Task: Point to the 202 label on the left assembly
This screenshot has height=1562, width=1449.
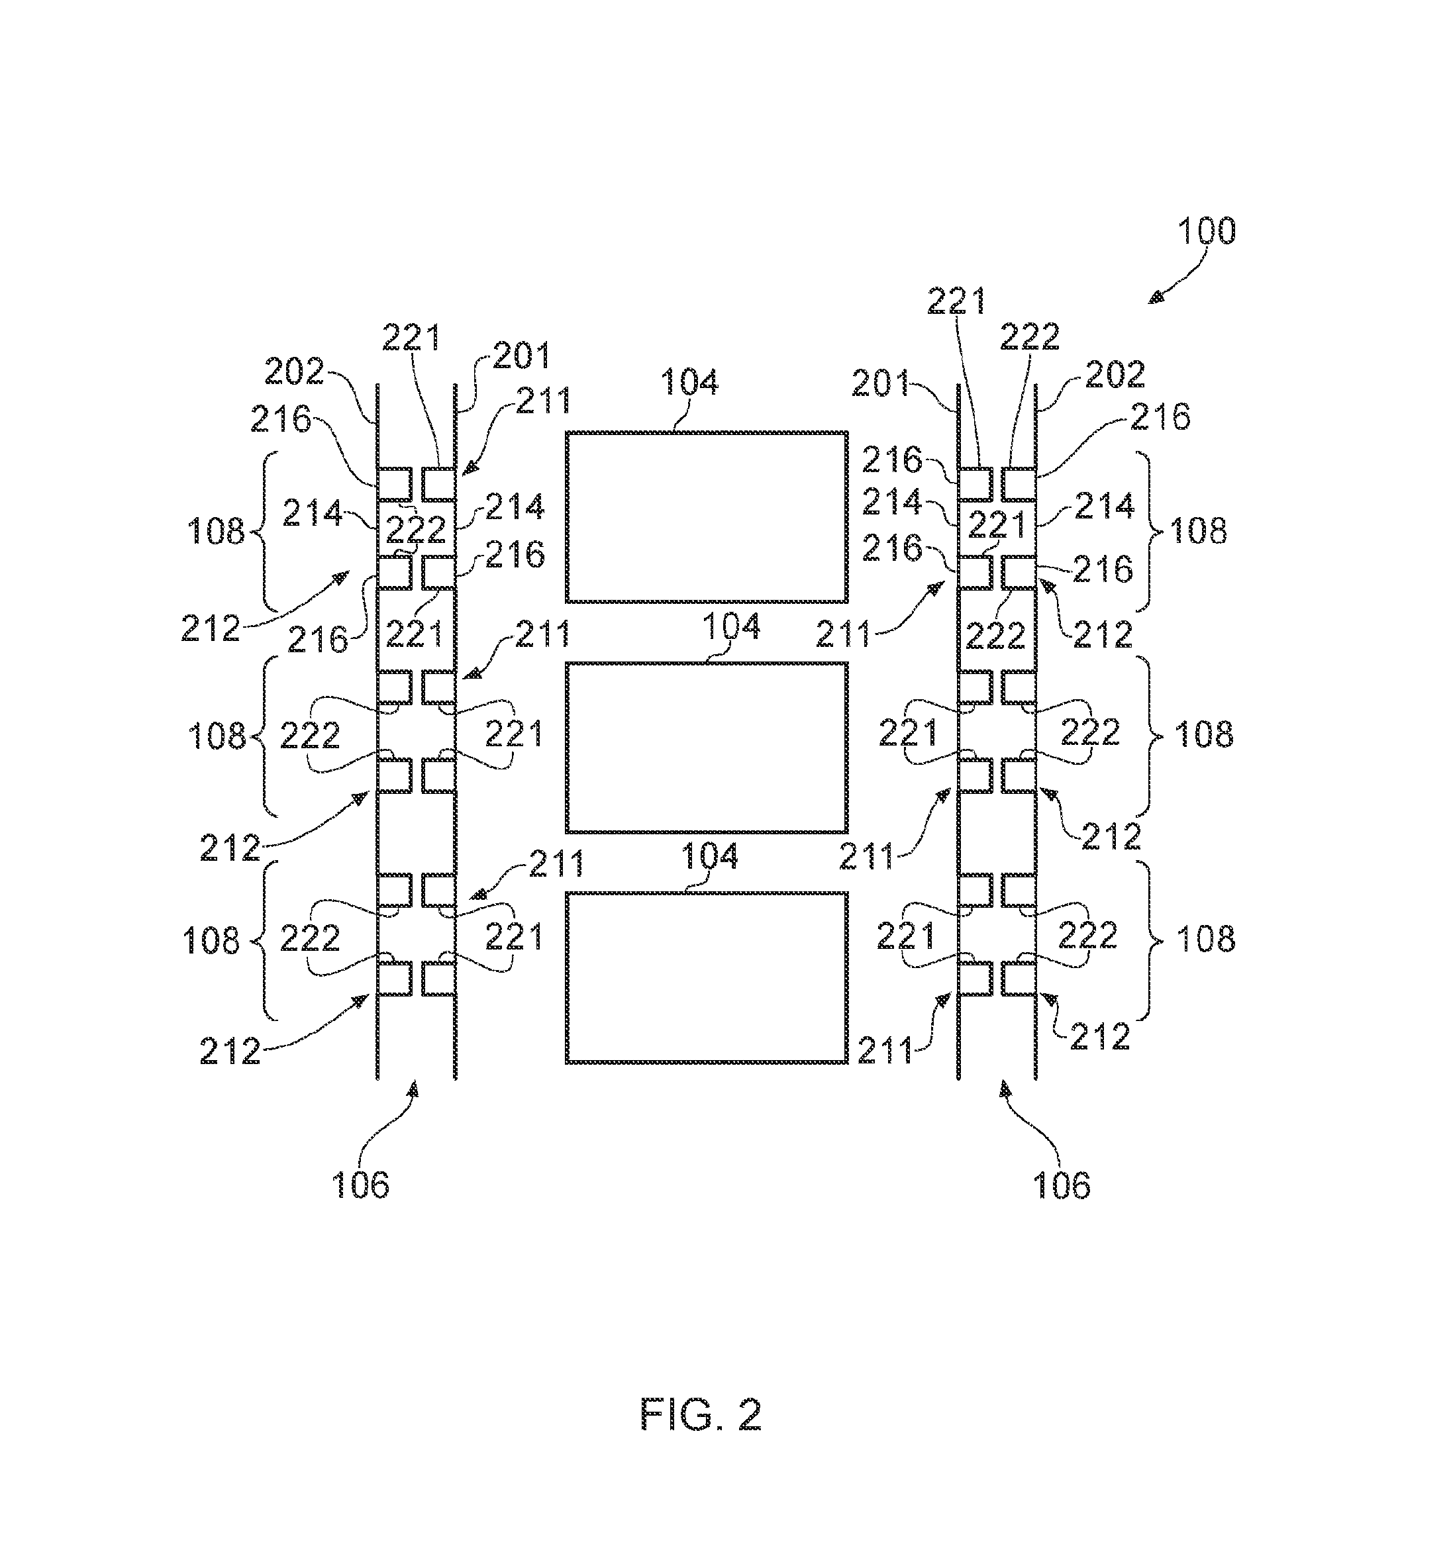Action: coord(294,371)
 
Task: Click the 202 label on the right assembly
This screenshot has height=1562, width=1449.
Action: coord(1116,375)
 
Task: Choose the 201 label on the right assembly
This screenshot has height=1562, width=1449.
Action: coord(881,384)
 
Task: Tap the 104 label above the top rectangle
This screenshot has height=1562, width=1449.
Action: coord(690,383)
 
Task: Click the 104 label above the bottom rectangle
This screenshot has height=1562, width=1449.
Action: coord(710,855)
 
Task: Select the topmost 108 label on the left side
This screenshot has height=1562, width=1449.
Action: coord(217,532)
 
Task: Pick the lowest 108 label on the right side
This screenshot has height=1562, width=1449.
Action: coord(1206,939)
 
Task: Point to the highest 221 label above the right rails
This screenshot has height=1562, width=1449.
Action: coord(956,301)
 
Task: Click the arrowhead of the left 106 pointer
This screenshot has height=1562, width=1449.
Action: coord(415,1088)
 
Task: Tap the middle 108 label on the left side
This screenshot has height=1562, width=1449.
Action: coord(217,736)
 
